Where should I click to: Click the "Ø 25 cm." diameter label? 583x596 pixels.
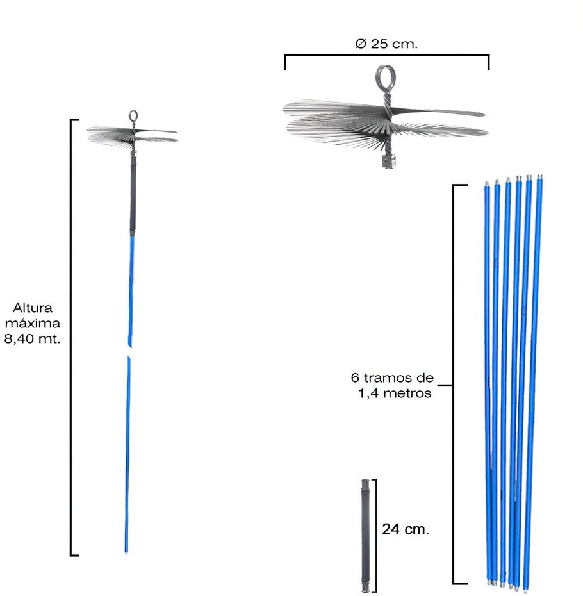pyautogui.click(x=386, y=44)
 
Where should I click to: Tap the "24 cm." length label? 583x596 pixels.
pyautogui.click(x=406, y=529)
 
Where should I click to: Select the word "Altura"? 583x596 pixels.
pyautogui.click(x=33, y=308)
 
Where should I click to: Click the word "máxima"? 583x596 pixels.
pyautogui.click(x=33, y=323)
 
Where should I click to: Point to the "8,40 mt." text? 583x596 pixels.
pyautogui.click(x=33, y=338)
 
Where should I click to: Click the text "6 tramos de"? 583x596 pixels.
pyautogui.click(x=392, y=377)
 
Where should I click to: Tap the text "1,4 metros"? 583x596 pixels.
pyautogui.click(x=395, y=393)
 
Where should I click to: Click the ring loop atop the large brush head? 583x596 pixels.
pyautogui.click(x=386, y=68)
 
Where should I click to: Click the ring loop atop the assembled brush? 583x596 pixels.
pyautogui.click(x=133, y=111)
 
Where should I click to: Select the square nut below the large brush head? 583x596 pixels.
pyautogui.click(x=388, y=160)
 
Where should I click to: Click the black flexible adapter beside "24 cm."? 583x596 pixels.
pyautogui.click(x=365, y=535)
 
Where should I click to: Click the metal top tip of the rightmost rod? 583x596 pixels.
pyautogui.click(x=540, y=177)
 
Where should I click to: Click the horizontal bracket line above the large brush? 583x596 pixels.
pyautogui.click(x=387, y=56)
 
